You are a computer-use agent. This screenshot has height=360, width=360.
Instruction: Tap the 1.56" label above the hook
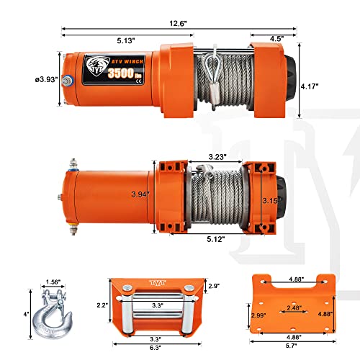[x=52, y=283]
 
